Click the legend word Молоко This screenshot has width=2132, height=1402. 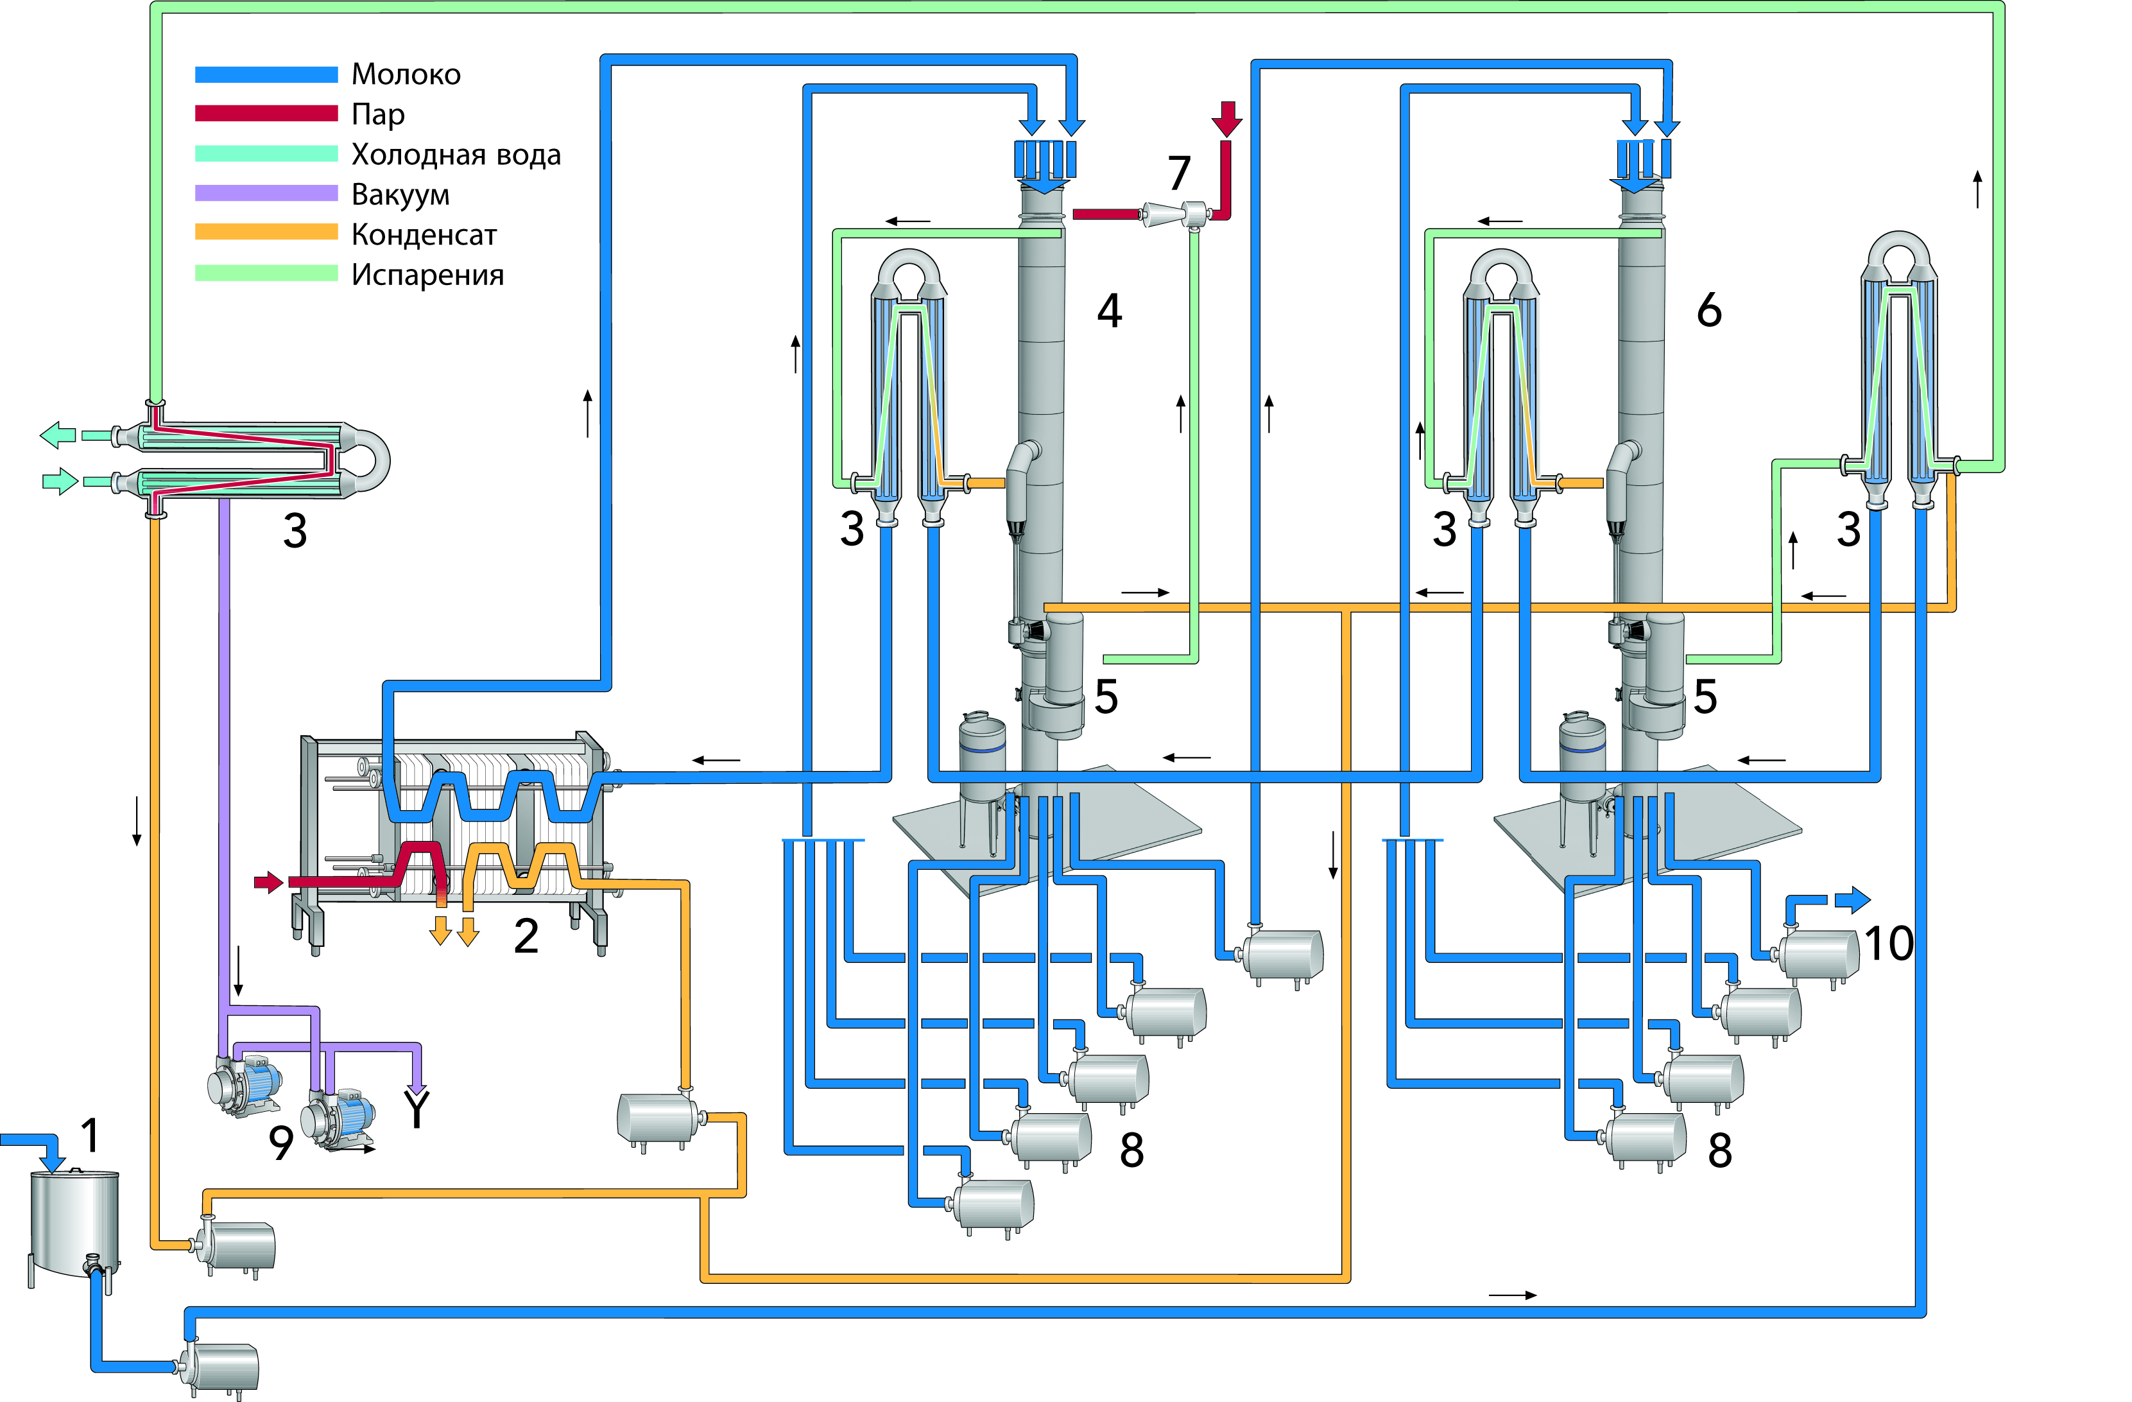point(406,74)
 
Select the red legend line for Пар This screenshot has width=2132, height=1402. point(266,114)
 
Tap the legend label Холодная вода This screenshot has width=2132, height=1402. point(456,155)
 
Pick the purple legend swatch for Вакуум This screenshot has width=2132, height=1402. point(266,193)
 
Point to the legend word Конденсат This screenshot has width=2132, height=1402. point(424,235)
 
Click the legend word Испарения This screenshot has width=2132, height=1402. point(427,275)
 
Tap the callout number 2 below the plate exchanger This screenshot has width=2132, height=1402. point(526,936)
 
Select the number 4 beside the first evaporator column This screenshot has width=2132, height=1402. point(1109,311)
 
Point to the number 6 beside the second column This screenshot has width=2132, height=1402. point(1709,311)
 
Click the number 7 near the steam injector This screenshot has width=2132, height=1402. point(1179,173)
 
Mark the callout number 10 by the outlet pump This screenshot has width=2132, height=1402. point(1888,943)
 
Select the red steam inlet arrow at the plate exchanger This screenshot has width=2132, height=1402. point(268,883)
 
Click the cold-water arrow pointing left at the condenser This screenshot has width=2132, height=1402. point(58,435)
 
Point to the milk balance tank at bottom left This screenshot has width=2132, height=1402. point(74,1223)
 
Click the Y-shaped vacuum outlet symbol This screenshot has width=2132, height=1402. point(417,1107)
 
